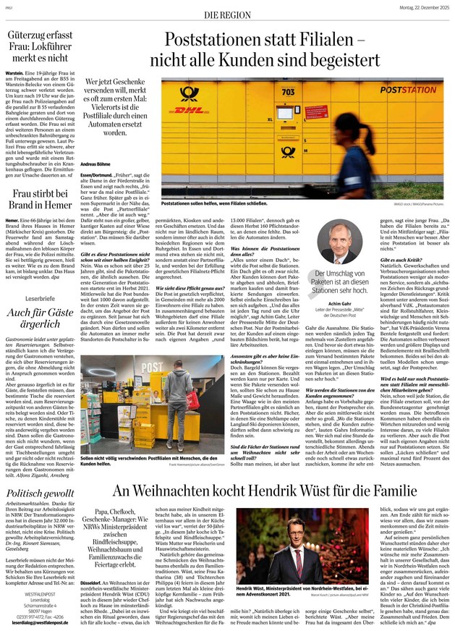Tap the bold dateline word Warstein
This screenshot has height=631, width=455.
[x=17, y=74]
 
